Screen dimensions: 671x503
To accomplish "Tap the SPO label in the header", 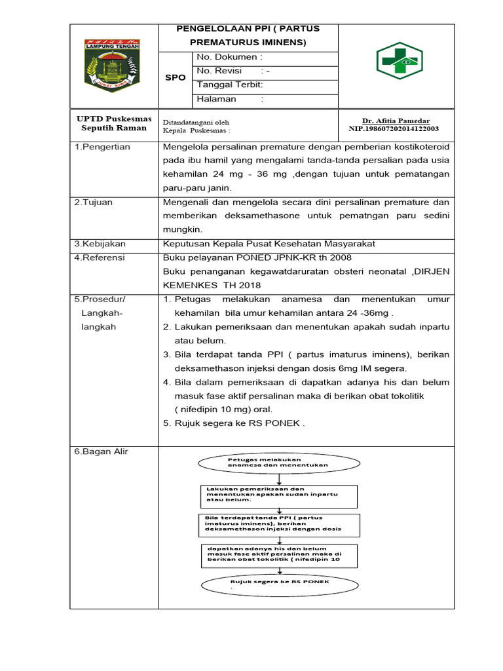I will click(175, 77).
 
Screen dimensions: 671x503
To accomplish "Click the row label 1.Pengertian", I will click(103, 147).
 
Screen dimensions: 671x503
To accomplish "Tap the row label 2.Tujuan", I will click(93, 202).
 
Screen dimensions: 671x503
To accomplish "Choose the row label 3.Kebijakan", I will click(100, 244).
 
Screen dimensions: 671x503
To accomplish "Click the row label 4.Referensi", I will click(100, 258).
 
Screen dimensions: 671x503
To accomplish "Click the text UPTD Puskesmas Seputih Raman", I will click(114, 123).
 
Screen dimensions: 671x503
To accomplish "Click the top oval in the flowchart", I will click(278, 463).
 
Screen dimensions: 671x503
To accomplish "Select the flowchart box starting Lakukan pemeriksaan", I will click(278, 496).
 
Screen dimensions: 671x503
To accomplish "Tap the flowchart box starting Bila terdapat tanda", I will click(278, 525).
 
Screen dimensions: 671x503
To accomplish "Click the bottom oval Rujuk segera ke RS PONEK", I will click(278, 583).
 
